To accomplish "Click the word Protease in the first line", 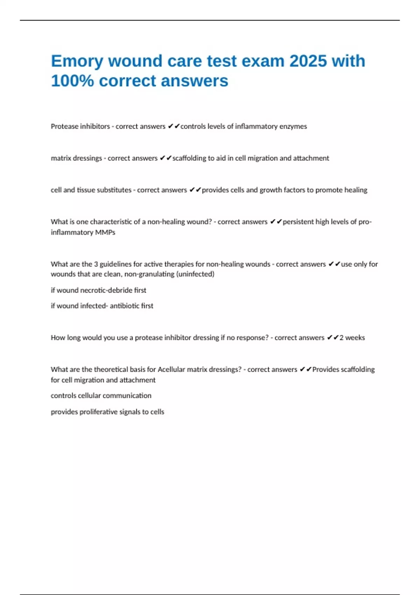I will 64,126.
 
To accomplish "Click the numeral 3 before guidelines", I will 96,264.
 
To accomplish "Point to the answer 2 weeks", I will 352,338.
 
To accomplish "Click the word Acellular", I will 171,370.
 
